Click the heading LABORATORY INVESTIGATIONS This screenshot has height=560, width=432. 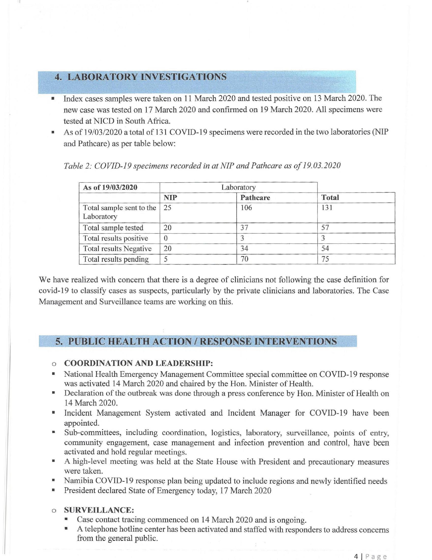click(140, 77)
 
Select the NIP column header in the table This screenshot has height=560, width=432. click(170, 198)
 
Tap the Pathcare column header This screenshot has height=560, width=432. click(255, 198)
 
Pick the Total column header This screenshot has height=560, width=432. click(330, 198)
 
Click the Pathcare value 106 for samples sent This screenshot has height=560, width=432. click(246, 208)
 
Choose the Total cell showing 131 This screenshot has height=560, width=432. click(327, 208)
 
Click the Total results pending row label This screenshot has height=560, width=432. click(116, 259)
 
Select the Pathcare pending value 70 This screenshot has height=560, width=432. click(244, 259)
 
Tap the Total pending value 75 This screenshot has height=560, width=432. click(325, 259)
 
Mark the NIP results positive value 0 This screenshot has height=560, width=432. click(165, 238)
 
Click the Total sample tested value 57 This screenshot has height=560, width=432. click(325, 228)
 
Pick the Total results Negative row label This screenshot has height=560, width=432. click(118, 249)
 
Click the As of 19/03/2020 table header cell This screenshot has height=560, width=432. click(110, 187)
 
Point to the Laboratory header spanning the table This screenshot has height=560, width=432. click(238, 187)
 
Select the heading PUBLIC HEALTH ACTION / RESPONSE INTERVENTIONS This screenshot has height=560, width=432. click(196, 341)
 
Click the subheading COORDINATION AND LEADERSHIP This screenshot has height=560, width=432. click(138, 363)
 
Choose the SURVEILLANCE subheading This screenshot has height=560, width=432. click(99, 510)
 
